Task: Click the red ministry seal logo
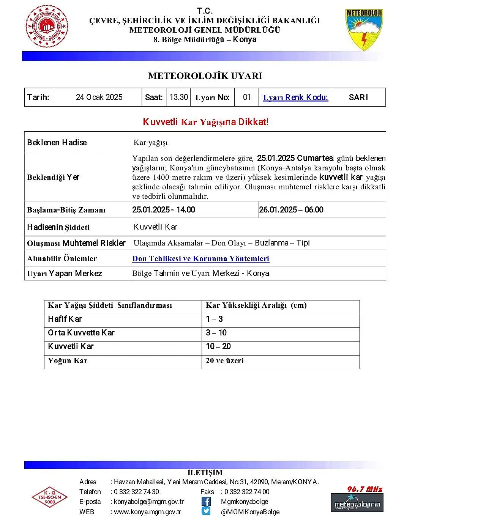point(47,27)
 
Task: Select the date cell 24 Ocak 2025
point(99,97)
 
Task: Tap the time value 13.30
point(178,97)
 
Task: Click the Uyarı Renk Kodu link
point(295,98)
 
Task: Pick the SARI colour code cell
point(358,98)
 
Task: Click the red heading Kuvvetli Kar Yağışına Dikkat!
point(205,122)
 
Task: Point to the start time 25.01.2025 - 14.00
point(164,210)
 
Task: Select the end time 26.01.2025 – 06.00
point(291,210)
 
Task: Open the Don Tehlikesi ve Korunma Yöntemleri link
point(200,258)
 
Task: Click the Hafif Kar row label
point(65,319)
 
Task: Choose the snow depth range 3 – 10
point(216,333)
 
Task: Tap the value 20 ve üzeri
point(225,360)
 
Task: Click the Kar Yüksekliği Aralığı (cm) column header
point(256,305)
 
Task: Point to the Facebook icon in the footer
point(206,501)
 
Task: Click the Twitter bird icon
point(206,511)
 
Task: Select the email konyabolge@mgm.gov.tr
point(149,502)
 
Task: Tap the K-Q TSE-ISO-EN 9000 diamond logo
point(50,497)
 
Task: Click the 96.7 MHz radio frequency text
point(364,489)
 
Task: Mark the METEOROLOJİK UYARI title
point(205,76)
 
